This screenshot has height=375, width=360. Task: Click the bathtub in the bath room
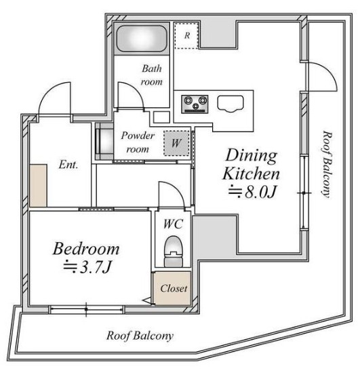pos(142,39)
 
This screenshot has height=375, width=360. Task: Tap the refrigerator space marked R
pos(186,36)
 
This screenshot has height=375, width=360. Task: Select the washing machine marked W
pos(176,143)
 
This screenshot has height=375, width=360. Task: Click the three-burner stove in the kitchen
pos(195,104)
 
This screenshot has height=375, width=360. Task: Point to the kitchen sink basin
pos(231,104)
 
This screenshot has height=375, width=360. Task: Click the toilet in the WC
pos(174,251)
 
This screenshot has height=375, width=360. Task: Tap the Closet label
pos(174,288)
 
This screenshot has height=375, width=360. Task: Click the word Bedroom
pos(86,249)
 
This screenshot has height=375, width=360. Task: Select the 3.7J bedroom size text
pos(87,267)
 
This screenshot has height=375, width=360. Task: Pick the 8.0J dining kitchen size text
pos(252,192)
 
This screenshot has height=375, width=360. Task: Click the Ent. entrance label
pos(68,165)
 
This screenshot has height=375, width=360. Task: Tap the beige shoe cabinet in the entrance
pos(38,185)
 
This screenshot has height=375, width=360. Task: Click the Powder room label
pos(138,142)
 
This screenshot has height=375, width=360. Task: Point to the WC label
pos(173,224)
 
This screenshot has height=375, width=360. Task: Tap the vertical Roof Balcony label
pos(327,164)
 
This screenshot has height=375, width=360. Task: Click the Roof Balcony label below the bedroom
pos(140,336)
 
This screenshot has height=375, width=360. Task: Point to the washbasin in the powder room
pos(104,141)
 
